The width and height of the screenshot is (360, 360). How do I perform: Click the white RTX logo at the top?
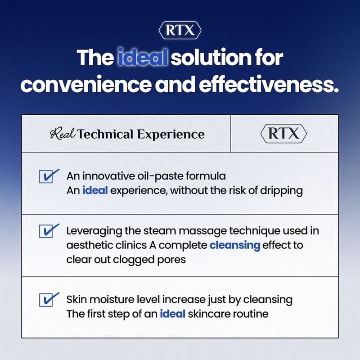click(x=180, y=30)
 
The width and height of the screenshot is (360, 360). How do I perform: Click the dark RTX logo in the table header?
click(x=283, y=133)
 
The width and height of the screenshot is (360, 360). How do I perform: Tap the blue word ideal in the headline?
click(x=142, y=57)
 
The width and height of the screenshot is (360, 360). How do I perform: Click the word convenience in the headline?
click(x=86, y=85)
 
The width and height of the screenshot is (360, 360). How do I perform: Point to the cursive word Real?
click(x=63, y=134)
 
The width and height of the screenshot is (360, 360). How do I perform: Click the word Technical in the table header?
click(x=105, y=134)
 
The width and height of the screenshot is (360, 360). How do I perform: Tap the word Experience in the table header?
click(x=171, y=135)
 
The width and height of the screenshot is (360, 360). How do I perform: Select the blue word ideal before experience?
click(x=95, y=190)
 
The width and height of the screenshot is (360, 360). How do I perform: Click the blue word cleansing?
click(x=235, y=246)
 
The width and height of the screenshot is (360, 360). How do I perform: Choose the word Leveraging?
click(x=94, y=231)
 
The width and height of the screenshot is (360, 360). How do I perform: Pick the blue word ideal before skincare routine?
click(x=173, y=314)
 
